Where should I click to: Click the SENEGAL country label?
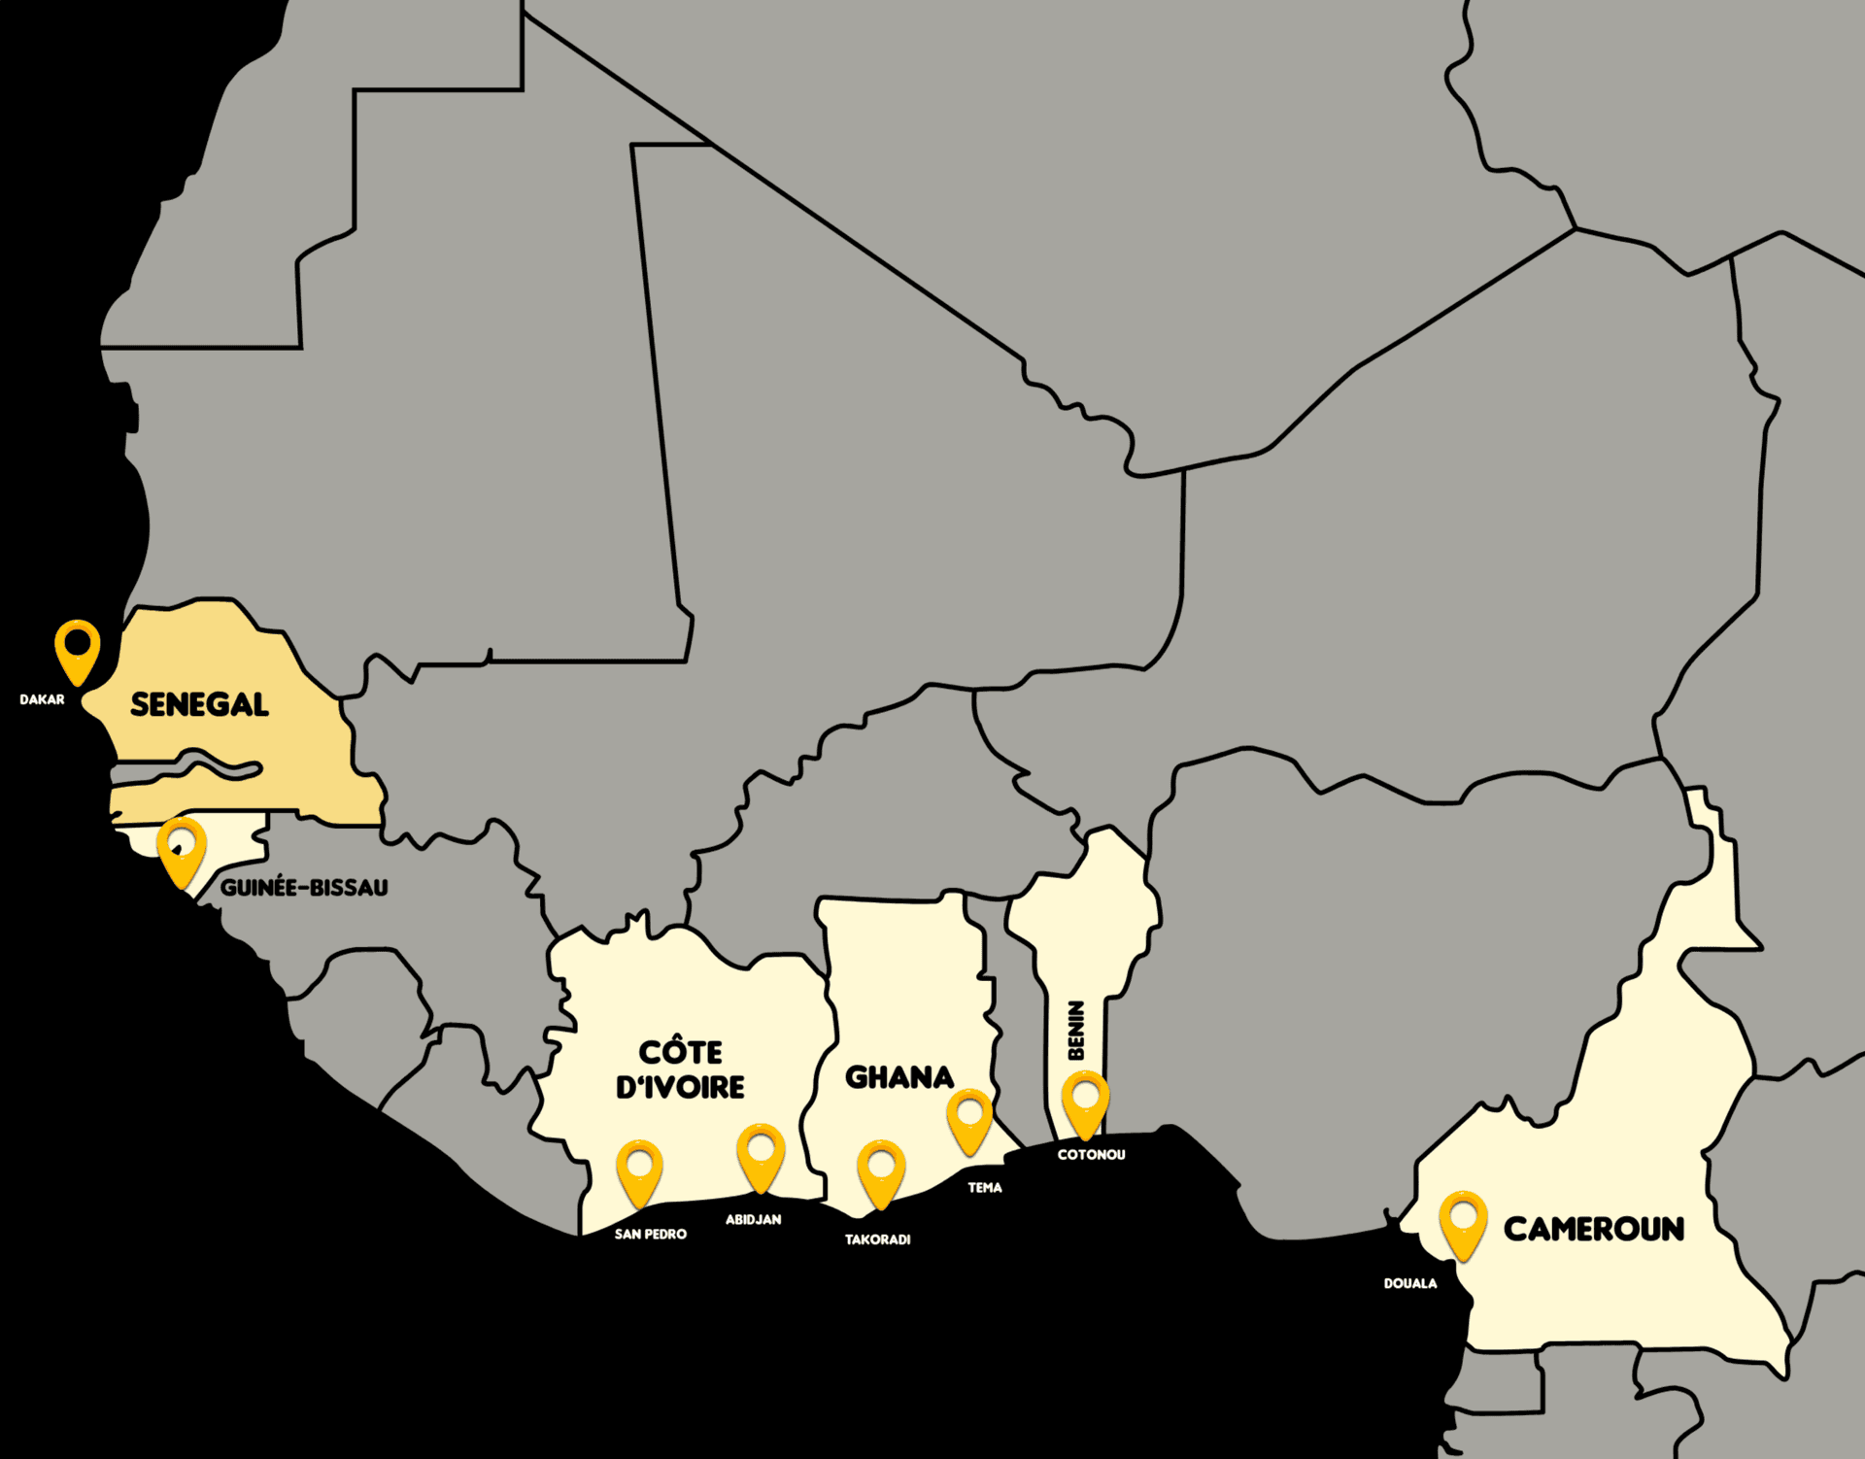tap(199, 704)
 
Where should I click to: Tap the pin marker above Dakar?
tap(77, 649)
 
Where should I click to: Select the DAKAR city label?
tap(42, 699)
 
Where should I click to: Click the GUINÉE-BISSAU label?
tap(304, 887)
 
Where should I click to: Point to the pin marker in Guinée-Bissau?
tap(182, 850)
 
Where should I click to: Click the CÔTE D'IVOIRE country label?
tap(681, 1069)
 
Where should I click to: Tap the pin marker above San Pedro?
tap(639, 1171)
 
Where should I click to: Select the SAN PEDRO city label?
tap(650, 1234)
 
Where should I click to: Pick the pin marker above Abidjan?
tap(761, 1155)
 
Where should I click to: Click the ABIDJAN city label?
tap(753, 1219)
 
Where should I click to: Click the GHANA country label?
tap(899, 1077)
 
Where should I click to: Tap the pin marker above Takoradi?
tap(881, 1171)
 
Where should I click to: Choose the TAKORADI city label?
tap(877, 1239)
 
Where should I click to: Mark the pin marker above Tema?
tap(969, 1118)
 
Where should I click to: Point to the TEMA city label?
tap(984, 1187)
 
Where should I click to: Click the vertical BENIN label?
tap(1075, 1030)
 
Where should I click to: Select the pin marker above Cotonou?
tap(1085, 1102)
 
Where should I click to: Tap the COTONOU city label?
tap(1091, 1154)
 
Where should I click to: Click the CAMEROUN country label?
tap(1593, 1229)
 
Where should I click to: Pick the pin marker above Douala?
tap(1463, 1222)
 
